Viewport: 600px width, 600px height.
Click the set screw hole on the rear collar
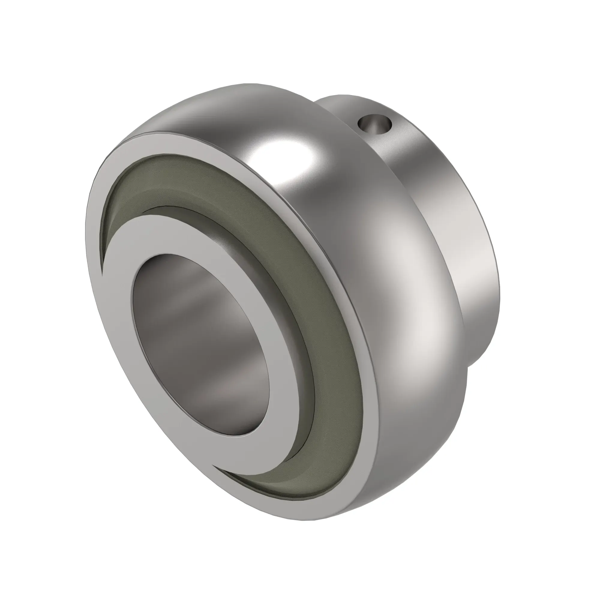374,124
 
